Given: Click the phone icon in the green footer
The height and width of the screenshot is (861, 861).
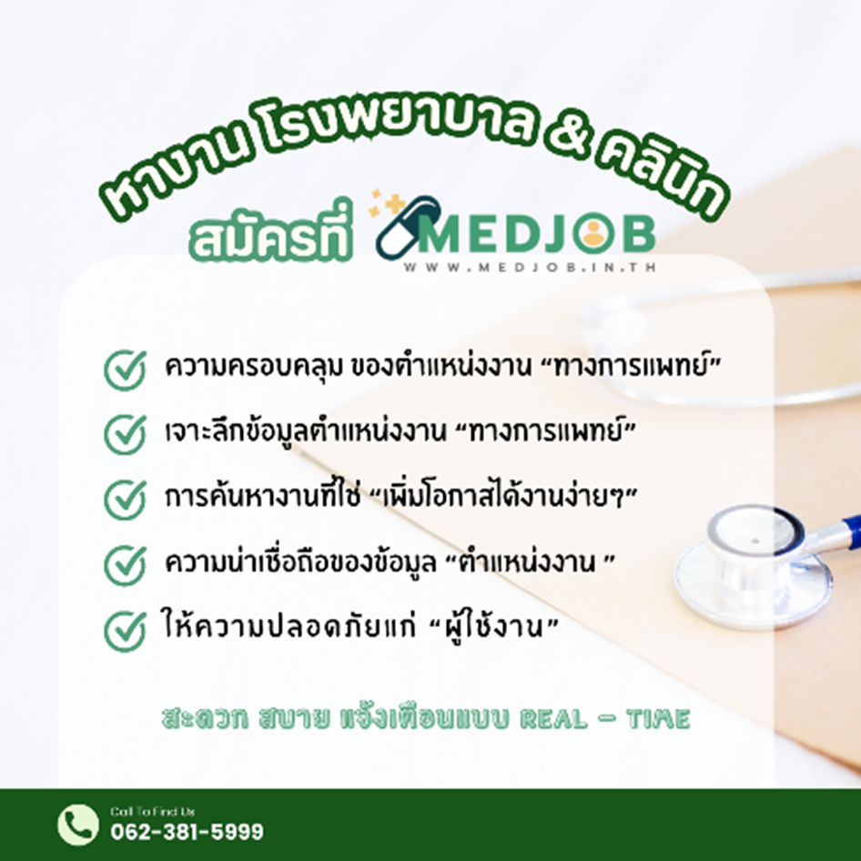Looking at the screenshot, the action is coord(78,825).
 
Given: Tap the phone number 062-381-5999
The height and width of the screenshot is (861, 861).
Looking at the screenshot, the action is coord(187,831).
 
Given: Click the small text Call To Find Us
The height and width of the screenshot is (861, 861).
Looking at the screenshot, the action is coord(152,811).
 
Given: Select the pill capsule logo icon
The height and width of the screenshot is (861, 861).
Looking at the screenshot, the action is coord(407,227).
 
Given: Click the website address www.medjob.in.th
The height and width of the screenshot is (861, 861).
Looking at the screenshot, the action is coord(530,268).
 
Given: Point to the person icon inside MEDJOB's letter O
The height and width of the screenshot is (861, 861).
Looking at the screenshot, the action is coord(593,235).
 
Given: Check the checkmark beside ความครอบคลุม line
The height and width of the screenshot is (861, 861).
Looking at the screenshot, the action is coord(126,370).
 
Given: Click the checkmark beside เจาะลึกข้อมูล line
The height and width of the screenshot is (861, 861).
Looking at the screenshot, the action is coord(126,434).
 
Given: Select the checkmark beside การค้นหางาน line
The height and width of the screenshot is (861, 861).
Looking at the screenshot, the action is coord(126,500).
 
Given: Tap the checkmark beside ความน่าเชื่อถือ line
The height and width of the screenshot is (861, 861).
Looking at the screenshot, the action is coord(126,565).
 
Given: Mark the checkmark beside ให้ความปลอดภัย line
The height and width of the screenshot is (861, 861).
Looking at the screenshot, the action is coord(126,631).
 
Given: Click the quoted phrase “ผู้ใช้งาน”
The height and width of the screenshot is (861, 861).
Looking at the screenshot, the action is coord(493,626).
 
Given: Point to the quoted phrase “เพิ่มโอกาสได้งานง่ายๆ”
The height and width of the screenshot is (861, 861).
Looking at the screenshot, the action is coord(503,495).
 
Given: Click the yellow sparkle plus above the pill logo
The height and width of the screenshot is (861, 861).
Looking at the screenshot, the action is coord(395,204).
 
